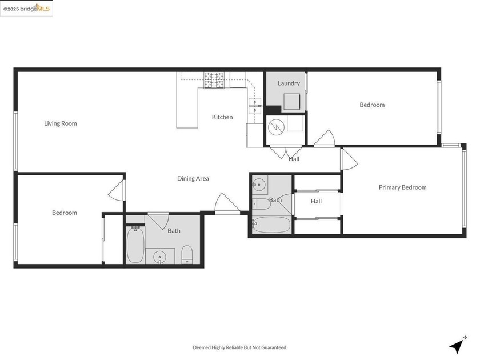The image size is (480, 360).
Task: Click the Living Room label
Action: (x=61, y=123)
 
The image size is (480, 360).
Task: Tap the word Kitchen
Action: (x=222, y=117)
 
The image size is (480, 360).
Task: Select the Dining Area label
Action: (x=193, y=179)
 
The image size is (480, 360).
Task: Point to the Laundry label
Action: (x=289, y=83)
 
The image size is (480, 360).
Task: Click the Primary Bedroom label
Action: (x=402, y=187)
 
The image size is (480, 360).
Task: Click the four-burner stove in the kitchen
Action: (x=214, y=81)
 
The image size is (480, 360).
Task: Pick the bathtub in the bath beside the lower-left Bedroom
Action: (x=135, y=245)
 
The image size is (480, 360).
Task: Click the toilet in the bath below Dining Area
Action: (x=187, y=255)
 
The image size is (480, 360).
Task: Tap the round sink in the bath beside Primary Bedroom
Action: (x=260, y=184)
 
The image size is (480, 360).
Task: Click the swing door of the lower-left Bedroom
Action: (x=117, y=190)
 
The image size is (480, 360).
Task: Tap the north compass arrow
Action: (x=457, y=345)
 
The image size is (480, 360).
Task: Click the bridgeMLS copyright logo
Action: (x=26, y=9)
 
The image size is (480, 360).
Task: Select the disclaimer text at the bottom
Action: (x=239, y=347)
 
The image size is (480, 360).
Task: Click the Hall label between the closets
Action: (x=316, y=201)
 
